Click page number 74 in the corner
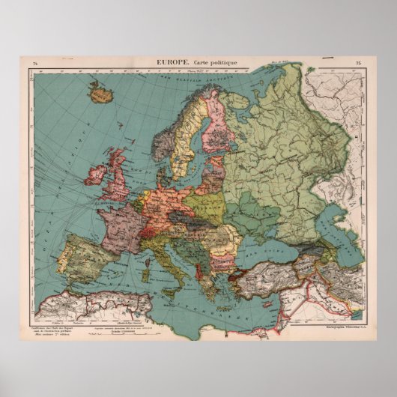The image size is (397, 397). click(x=34, y=62)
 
